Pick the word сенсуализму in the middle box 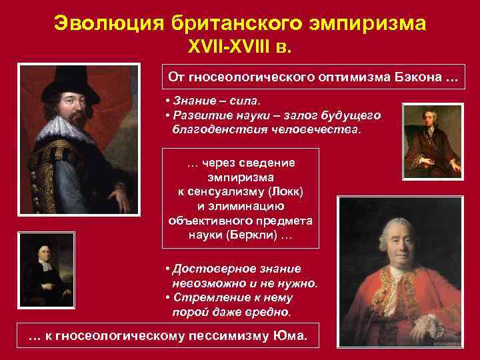click(x=225, y=191)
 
